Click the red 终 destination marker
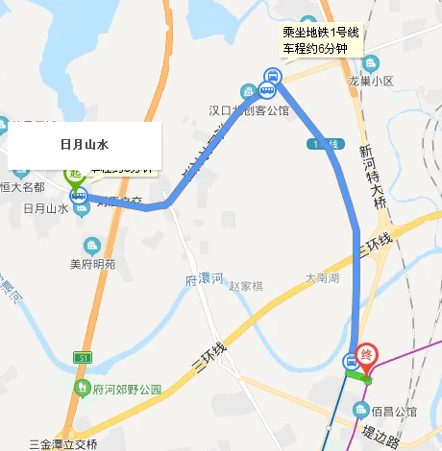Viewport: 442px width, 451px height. tap(366, 354)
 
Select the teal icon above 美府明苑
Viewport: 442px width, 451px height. tap(92, 245)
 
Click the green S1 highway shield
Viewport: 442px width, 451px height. tap(83, 357)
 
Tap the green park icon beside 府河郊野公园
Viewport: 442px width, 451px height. tap(84, 389)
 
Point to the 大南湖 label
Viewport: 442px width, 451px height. tap(322, 277)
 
